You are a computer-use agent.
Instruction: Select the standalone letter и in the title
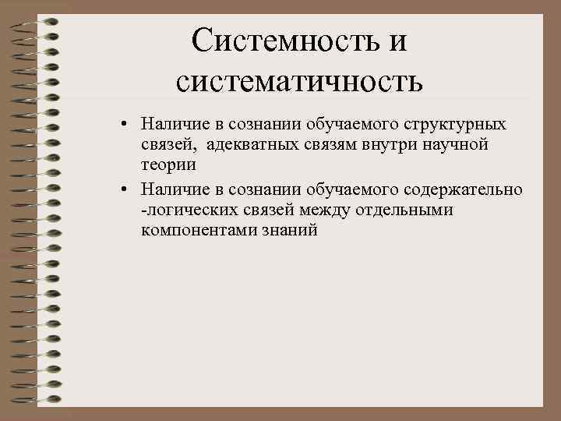coord(397,40)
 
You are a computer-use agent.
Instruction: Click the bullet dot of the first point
coord(124,125)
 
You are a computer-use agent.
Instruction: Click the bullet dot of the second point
coord(124,190)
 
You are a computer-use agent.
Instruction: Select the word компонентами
coord(194,231)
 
